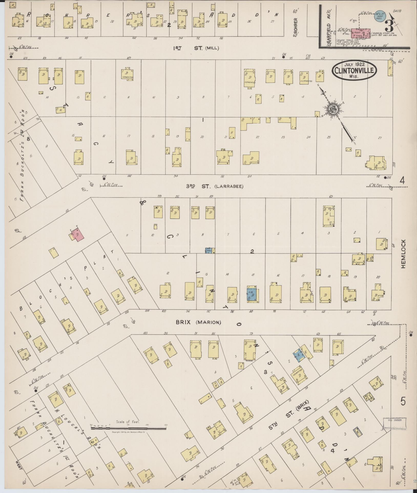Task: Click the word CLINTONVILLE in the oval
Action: (x=355, y=70)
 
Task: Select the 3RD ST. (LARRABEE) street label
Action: (x=214, y=187)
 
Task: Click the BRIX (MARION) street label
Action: (x=198, y=322)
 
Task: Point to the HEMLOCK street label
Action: (x=404, y=254)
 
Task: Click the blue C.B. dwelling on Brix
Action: (x=251, y=293)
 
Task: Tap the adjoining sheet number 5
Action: (x=403, y=401)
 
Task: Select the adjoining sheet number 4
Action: (x=402, y=181)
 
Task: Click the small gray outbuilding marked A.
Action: (x=358, y=432)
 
